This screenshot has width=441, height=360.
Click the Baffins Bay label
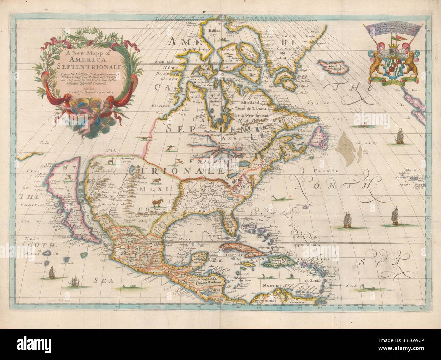point(215,32)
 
